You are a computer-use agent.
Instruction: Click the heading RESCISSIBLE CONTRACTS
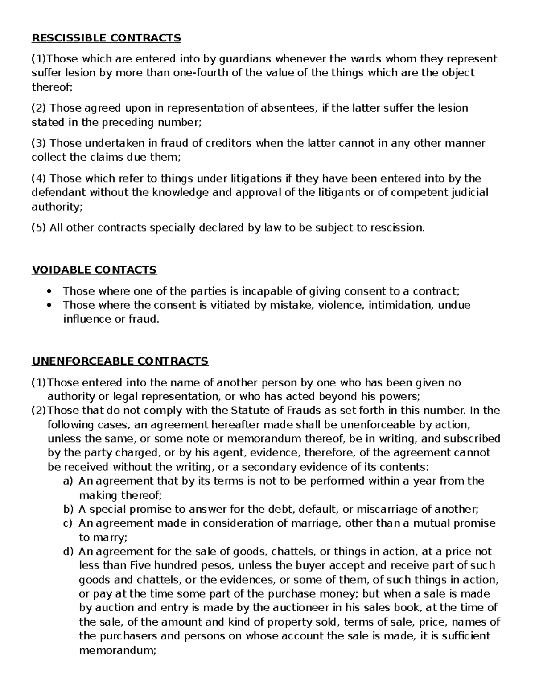click(x=106, y=38)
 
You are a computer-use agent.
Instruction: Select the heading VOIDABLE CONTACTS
click(x=94, y=270)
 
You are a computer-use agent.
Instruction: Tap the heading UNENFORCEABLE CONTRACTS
click(x=120, y=361)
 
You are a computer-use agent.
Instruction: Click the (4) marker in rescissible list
click(x=39, y=178)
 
